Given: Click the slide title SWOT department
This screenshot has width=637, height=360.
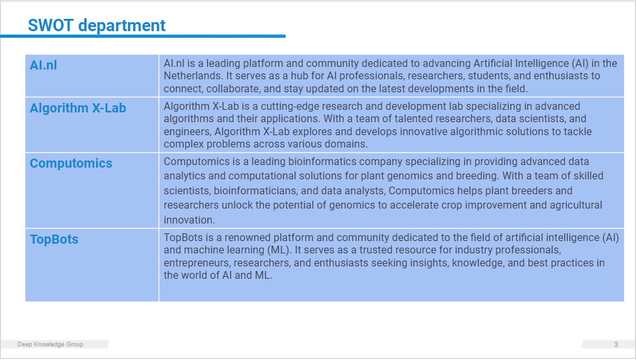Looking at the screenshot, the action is click(96, 25).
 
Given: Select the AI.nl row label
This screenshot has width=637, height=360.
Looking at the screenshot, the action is click(43, 65).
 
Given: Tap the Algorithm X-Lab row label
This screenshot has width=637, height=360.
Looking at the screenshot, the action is click(77, 108).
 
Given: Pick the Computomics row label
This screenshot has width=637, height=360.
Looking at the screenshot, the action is click(71, 163).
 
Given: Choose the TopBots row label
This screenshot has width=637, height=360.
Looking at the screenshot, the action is click(54, 239).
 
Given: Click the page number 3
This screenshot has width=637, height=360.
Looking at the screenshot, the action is click(616, 344).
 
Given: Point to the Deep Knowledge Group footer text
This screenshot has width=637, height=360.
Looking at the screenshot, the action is click(51, 344).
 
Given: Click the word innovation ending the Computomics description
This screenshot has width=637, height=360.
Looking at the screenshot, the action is click(189, 220).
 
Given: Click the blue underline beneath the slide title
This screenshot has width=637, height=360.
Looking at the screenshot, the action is click(143, 36).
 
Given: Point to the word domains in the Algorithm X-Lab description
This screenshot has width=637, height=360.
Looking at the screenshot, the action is click(347, 144).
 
